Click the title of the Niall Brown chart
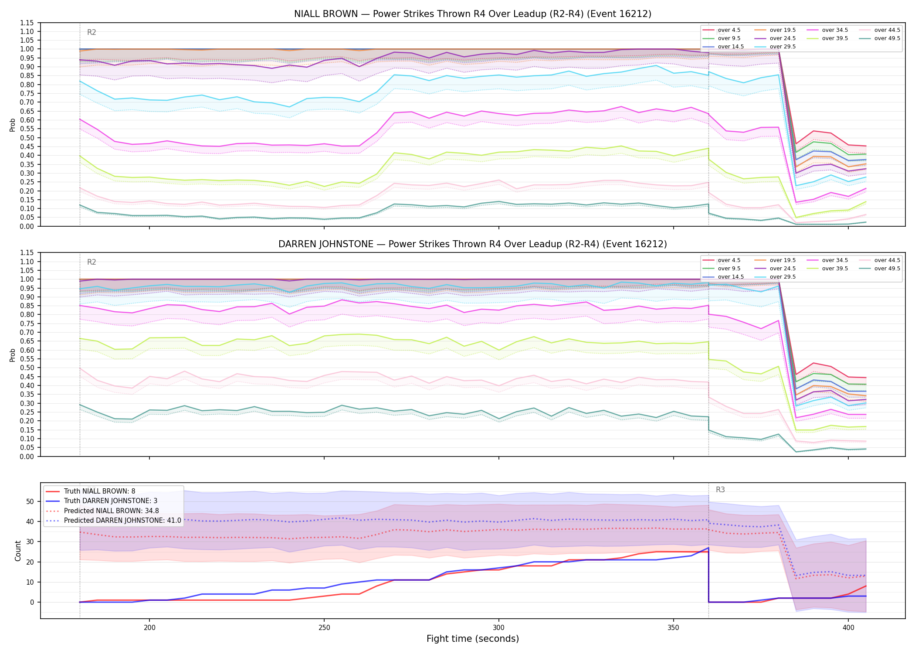(x=473, y=14)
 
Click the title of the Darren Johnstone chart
(x=473, y=244)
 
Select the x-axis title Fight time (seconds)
(x=473, y=639)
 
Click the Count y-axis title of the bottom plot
(x=18, y=551)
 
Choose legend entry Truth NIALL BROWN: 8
(x=99, y=491)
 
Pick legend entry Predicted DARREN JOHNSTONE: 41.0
(x=122, y=520)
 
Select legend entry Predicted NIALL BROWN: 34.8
(x=112, y=511)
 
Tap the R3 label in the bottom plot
(x=720, y=490)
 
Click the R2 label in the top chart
(x=91, y=32)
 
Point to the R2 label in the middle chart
(x=91, y=262)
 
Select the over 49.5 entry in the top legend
(x=887, y=38)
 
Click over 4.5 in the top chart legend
(x=729, y=30)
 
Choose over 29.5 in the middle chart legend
(x=783, y=277)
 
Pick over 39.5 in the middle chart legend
(x=835, y=269)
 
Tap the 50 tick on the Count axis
(x=30, y=501)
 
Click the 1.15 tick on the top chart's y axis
(x=27, y=23)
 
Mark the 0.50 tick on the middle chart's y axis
(x=27, y=368)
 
